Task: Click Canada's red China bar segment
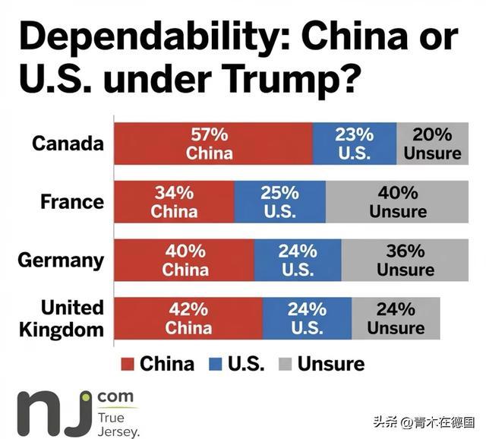click(x=213, y=143)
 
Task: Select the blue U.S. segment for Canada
click(x=354, y=143)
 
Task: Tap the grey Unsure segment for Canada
click(x=432, y=143)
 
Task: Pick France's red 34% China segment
click(x=174, y=201)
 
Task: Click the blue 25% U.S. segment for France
click(x=279, y=201)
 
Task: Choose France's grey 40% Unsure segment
click(x=397, y=201)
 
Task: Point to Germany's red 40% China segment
click(x=184, y=260)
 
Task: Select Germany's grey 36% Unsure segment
click(x=405, y=260)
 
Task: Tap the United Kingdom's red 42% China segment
click(x=188, y=317)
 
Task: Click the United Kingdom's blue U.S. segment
click(x=307, y=317)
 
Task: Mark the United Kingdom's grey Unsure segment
click(x=396, y=317)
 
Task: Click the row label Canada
click(x=68, y=143)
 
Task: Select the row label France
click(x=72, y=201)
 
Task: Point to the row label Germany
click(x=61, y=260)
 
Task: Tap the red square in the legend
click(x=127, y=364)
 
